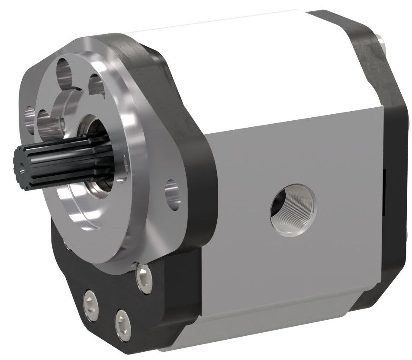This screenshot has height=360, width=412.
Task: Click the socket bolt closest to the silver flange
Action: (x=144, y=277)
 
